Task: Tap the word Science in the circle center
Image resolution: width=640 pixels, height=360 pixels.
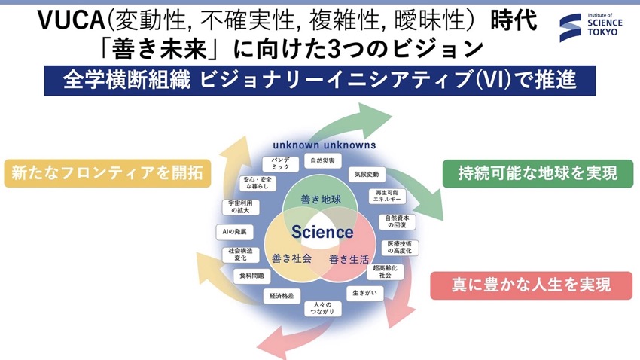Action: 322,232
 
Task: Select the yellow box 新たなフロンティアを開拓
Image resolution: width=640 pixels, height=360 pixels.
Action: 108,173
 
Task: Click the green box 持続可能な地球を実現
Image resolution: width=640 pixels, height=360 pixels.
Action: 538,173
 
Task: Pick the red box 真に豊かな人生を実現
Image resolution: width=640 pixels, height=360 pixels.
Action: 532,285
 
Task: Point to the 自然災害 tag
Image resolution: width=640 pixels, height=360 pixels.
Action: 323,161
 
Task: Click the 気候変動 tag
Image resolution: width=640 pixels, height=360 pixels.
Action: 367,174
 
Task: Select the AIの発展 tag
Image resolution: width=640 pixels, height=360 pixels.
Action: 235,232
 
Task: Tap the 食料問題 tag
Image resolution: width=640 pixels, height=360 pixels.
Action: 251,276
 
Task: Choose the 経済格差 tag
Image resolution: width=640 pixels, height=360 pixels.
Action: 282,296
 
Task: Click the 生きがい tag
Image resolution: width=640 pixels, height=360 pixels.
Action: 365,293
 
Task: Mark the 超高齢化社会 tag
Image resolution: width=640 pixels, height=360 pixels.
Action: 386,272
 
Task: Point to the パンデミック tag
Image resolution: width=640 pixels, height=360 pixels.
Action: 280,163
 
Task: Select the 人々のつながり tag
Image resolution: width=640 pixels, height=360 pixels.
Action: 323,308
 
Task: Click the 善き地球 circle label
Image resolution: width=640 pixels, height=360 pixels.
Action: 321,200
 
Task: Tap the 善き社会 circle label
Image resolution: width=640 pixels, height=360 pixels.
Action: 292,258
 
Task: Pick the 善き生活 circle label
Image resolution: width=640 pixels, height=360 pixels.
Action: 349,259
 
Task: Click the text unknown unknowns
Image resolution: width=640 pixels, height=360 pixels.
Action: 325,145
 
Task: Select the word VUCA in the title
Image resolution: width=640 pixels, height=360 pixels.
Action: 72,20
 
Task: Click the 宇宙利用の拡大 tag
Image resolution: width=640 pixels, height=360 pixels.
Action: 241,207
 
